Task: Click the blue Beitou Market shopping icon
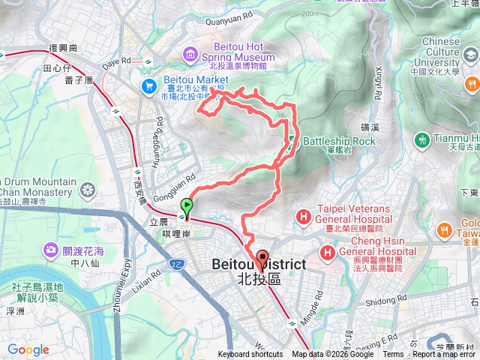(x=148, y=85)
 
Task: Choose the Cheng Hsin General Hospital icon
(x=327, y=251)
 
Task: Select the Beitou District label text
(x=259, y=264)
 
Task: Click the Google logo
(x=28, y=349)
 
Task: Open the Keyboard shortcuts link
(x=250, y=355)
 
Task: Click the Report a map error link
(x=445, y=355)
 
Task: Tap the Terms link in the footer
(x=393, y=355)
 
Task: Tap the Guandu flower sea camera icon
(x=51, y=249)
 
